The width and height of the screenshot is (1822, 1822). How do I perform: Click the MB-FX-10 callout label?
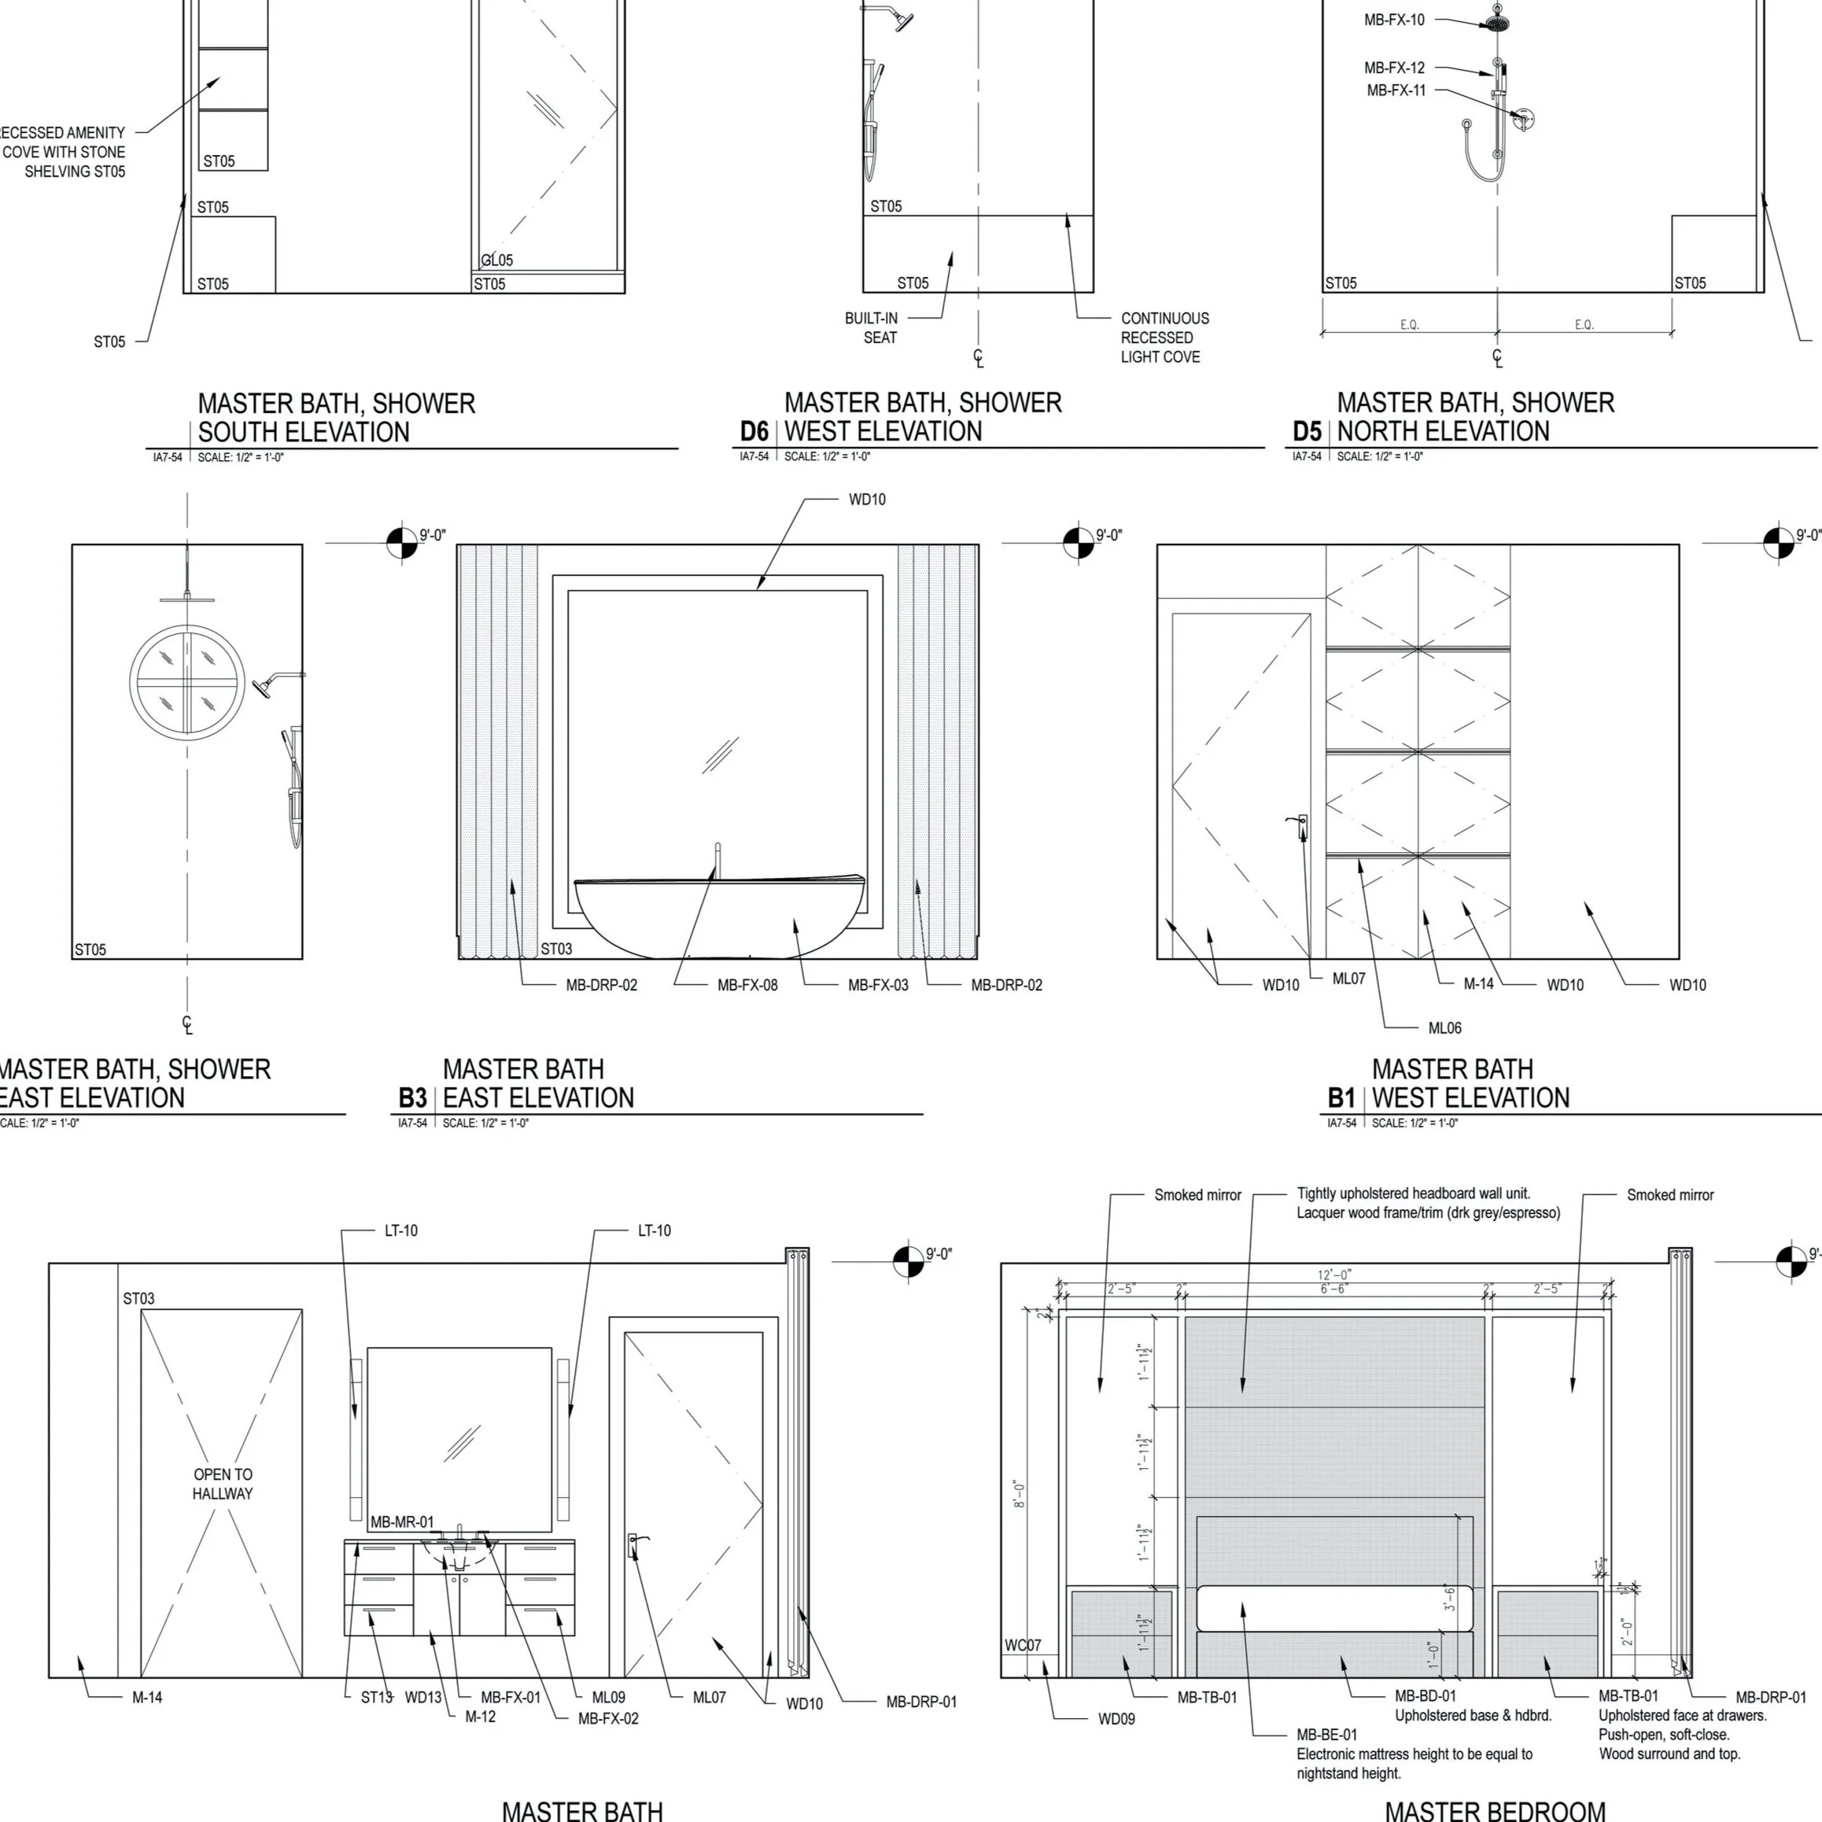(x=1394, y=20)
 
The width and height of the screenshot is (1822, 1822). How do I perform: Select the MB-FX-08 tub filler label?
(x=747, y=985)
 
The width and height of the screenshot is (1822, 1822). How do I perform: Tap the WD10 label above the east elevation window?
(x=867, y=500)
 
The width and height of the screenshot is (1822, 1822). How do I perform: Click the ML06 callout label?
(x=1444, y=1028)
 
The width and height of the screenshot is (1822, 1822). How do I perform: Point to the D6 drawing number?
(x=754, y=432)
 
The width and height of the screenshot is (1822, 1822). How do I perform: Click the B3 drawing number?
(x=412, y=1099)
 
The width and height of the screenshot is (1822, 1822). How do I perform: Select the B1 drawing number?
(x=1341, y=1099)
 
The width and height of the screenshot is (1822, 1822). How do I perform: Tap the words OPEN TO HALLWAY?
(x=223, y=1484)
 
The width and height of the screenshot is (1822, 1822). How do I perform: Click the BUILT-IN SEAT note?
(x=872, y=328)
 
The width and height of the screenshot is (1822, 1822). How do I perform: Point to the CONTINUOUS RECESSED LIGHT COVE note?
(x=1164, y=337)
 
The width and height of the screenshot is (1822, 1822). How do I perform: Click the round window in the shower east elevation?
(x=186, y=679)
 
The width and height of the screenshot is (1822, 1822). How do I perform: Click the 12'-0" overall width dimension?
(x=1333, y=1275)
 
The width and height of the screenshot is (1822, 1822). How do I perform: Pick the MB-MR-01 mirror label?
(x=402, y=1521)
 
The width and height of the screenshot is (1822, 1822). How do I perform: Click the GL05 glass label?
(x=497, y=260)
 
